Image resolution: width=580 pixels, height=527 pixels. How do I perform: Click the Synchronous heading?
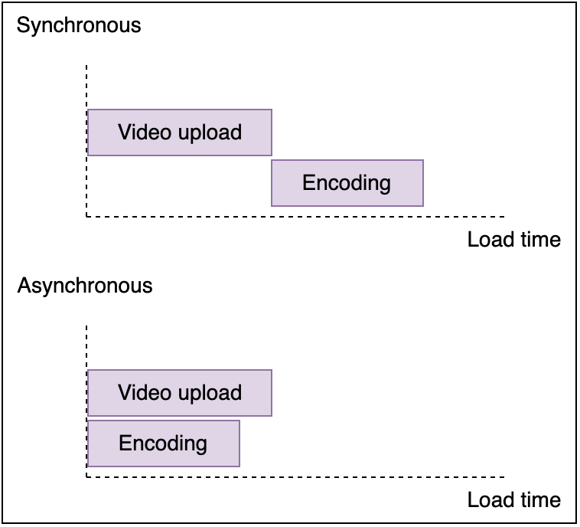(79, 25)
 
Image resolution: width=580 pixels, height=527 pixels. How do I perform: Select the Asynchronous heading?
(85, 286)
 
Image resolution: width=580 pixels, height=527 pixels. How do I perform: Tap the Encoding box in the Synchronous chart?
(347, 183)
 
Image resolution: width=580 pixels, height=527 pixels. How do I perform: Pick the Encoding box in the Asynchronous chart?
(163, 443)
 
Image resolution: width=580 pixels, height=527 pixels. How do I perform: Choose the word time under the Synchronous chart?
(541, 240)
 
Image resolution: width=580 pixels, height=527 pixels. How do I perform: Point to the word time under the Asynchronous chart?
(541, 500)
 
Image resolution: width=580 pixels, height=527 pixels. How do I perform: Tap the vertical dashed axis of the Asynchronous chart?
(86, 349)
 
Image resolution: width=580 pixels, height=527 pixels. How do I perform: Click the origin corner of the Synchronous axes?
(86, 216)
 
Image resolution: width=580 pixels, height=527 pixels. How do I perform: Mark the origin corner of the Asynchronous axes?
(86, 476)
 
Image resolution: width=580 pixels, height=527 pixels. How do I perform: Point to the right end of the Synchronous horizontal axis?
(503, 216)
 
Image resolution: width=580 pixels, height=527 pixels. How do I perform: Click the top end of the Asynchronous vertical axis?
(86, 327)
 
